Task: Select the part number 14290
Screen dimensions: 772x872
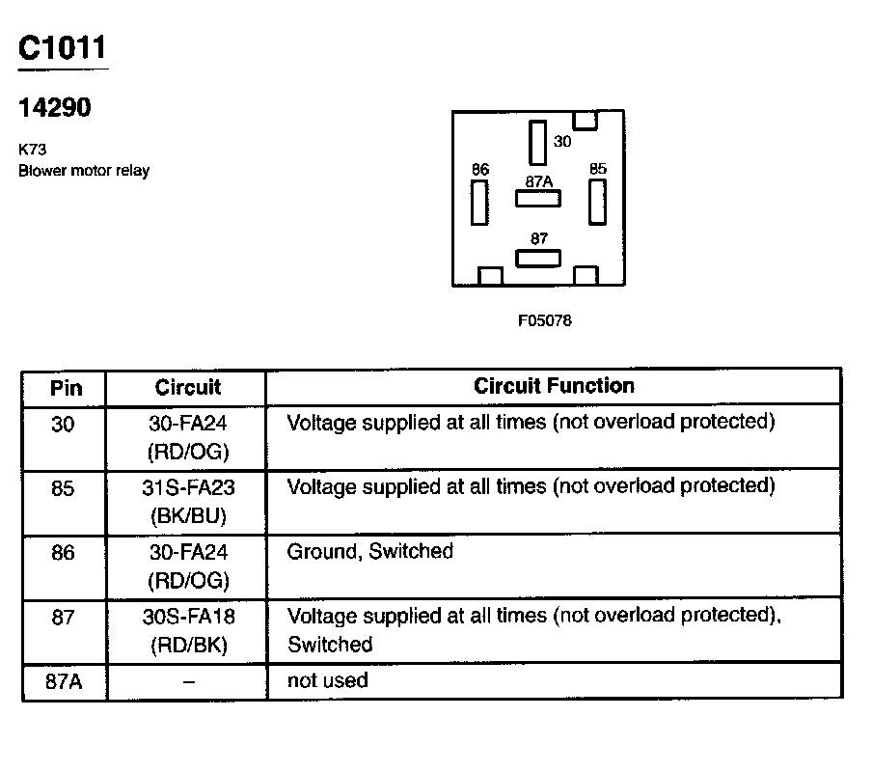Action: [x=55, y=108]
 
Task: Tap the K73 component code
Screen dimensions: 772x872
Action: [x=33, y=151]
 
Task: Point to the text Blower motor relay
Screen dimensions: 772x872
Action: [x=84, y=171]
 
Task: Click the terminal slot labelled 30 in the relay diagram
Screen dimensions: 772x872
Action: [x=537, y=142]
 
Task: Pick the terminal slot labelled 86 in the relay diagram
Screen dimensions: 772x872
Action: [x=479, y=202]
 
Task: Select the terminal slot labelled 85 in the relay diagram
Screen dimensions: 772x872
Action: [x=597, y=201]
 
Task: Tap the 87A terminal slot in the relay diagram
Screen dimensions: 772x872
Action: [x=538, y=198]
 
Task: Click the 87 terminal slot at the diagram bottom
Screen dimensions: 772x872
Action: [x=538, y=258]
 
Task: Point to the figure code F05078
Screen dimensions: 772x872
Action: [x=544, y=320]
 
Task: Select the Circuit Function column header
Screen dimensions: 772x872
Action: [x=554, y=386]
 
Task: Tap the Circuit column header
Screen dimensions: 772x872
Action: [x=187, y=388]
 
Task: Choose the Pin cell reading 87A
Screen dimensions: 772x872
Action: [x=64, y=681]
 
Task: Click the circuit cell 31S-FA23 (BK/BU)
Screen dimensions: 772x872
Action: [x=188, y=502]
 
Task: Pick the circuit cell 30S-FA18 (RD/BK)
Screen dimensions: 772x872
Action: [x=188, y=631]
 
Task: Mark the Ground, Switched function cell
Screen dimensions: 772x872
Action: [x=370, y=552]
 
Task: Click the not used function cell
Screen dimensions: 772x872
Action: [x=328, y=680]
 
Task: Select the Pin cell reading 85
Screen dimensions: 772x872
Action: [x=63, y=488]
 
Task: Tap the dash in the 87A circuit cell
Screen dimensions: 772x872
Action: [x=188, y=682]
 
